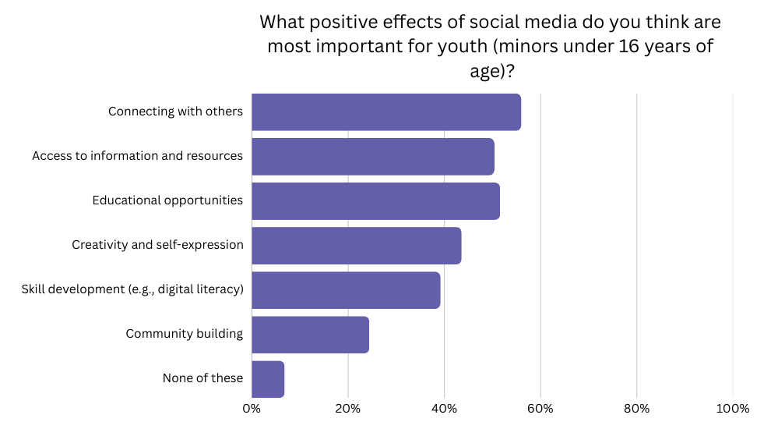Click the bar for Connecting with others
(x=386, y=112)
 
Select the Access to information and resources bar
(x=373, y=156)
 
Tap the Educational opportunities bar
(x=375, y=200)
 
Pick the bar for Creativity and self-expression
(x=357, y=245)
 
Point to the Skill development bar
(x=346, y=289)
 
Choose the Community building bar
(x=310, y=334)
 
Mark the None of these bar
(x=268, y=378)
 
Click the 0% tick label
(x=252, y=409)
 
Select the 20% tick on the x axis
(x=348, y=409)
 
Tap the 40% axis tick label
(x=444, y=409)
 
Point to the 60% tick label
(x=540, y=409)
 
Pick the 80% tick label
(x=636, y=409)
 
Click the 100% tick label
(x=732, y=409)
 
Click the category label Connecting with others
(x=175, y=112)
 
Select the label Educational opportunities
(x=167, y=200)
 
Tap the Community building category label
(x=185, y=334)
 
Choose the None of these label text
(x=202, y=378)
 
